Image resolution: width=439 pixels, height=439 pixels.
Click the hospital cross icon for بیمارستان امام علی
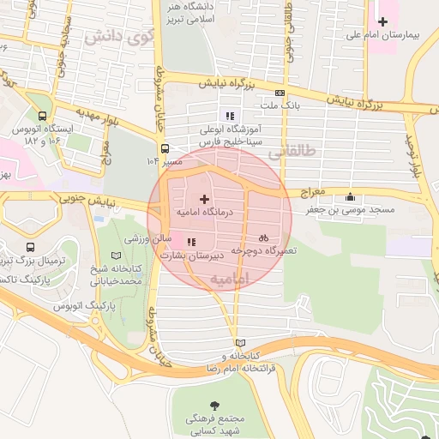[382, 21]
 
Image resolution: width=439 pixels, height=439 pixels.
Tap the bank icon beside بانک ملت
[280, 93]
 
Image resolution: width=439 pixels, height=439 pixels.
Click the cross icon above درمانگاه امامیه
[203, 198]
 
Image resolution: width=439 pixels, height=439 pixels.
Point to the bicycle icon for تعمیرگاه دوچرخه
[264, 238]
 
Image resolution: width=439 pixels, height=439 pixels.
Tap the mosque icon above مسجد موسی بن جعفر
[349, 197]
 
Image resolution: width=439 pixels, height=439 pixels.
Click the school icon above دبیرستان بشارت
[190, 243]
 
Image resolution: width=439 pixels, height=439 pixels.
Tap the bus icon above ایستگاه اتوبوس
[43, 116]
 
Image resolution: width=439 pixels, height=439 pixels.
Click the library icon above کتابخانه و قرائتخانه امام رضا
[239, 342]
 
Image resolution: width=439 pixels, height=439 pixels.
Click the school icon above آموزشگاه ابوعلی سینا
[229, 116]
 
